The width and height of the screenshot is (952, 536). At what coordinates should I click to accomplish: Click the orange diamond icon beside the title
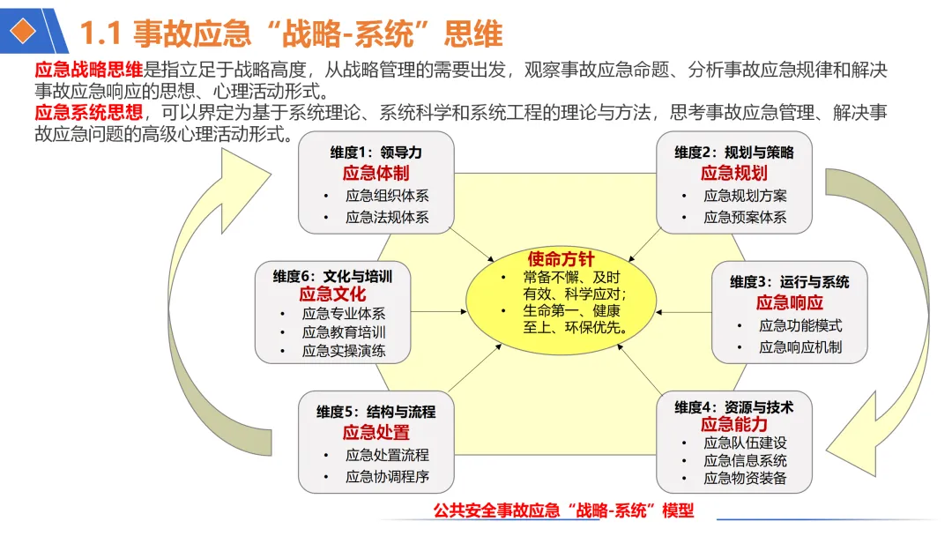(x=27, y=31)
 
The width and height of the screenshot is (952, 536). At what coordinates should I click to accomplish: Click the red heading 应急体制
(x=376, y=173)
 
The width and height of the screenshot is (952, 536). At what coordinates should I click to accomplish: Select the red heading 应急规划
(x=734, y=173)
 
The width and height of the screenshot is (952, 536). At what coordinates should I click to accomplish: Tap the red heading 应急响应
(x=790, y=303)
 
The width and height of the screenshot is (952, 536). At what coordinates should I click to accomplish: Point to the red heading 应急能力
(x=734, y=425)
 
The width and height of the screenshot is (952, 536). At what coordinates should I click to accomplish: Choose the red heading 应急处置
(x=376, y=432)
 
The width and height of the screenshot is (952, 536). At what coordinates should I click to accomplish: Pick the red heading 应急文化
(x=332, y=294)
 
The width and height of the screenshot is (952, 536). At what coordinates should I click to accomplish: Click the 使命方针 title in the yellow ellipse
(x=561, y=259)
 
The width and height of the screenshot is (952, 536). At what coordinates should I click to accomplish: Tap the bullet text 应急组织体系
(x=387, y=196)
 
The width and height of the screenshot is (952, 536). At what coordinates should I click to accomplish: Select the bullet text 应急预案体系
(x=745, y=217)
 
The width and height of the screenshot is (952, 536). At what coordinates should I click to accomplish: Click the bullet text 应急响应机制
(x=800, y=347)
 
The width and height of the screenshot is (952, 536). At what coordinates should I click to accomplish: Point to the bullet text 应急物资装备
(x=745, y=480)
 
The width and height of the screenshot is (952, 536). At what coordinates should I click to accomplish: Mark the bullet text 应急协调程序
(x=387, y=477)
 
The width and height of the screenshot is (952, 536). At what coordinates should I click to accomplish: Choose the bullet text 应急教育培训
(x=344, y=332)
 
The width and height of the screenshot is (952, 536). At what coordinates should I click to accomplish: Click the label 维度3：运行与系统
(x=790, y=282)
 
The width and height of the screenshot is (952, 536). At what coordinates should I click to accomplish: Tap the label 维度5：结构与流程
(x=376, y=412)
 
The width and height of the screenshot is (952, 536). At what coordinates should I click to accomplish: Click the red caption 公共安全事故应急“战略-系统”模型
(x=564, y=510)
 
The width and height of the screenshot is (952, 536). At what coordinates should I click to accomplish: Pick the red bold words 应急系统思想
(x=88, y=113)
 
